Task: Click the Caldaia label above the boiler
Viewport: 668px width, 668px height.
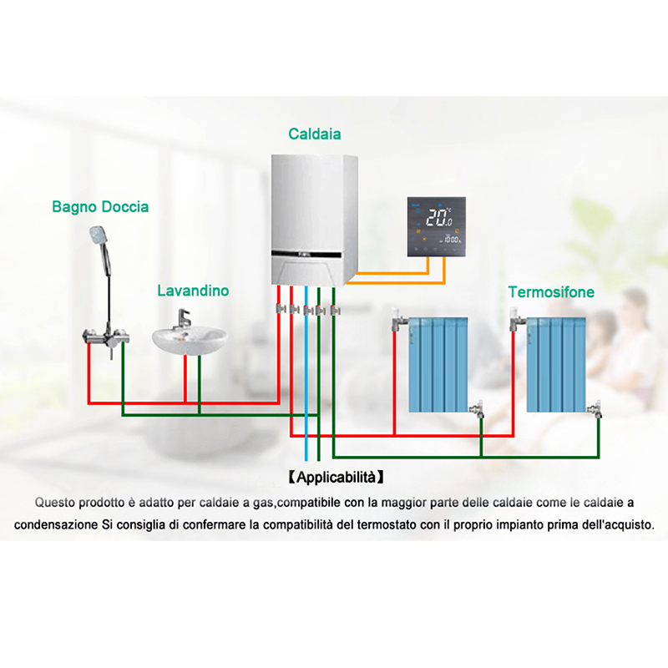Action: click(x=315, y=134)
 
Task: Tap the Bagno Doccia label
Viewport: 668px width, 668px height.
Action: click(x=100, y=206)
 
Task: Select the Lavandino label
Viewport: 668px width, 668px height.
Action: click(x=193, y=291)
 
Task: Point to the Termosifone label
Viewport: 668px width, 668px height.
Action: click(x=551, y=291)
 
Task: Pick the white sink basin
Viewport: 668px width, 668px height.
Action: click(x=190, y=340)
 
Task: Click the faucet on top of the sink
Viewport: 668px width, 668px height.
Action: click(x=183, y=319)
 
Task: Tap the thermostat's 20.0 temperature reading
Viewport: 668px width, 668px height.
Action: click(x=439, y=217)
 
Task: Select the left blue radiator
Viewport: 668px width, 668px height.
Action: click(x=438, y=364)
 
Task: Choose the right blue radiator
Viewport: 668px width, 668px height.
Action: click(x=556, y=364)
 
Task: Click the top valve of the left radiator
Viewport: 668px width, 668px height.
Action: click(x=398, y=320)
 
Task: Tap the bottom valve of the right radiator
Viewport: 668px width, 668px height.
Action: click(x=595, y=408)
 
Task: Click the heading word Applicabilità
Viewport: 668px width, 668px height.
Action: click(x=337, y=477)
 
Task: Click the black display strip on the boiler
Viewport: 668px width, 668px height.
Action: click(x=306, y=255)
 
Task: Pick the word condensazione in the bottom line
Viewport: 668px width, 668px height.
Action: click(x=56, y=525)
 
